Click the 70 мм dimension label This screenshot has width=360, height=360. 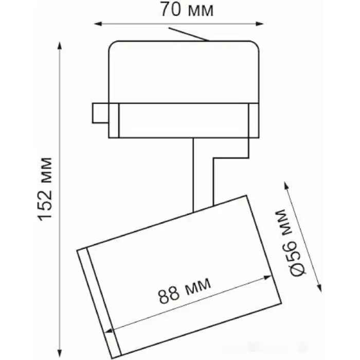click(187, 9)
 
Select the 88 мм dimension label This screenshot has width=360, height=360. click(184, 291)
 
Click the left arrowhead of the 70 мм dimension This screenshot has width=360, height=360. click(98, 24)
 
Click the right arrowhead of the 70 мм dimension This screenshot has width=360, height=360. click(260, 24)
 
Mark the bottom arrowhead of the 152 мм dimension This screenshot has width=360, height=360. click(60, 352)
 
